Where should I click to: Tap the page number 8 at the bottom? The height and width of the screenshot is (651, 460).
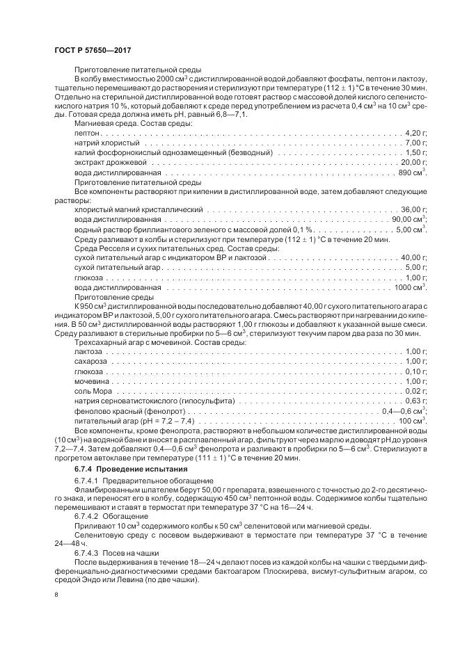tap(56, 595)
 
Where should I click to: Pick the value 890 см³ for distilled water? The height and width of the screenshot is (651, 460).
tap(411, 171)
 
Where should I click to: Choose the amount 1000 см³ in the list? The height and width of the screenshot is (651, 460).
tap(411, 287)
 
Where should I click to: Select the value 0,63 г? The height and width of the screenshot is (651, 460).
tap(415, 401)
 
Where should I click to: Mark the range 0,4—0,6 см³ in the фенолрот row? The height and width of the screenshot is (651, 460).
tap(404, 411)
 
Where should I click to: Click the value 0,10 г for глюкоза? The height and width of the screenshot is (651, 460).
tap(415, 372)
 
